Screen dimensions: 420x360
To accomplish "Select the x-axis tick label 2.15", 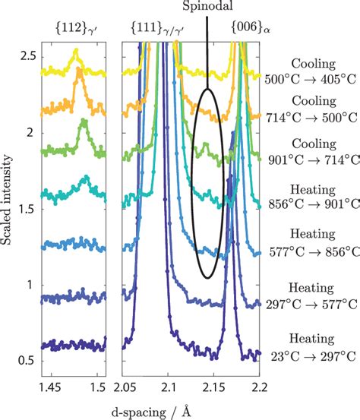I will pyautogui.click(x=213, y=387).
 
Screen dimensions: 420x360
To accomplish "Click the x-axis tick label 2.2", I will pyautogui.click(x=259, y=387).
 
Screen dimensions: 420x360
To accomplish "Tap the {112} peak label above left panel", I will pyautogui.click(x=74, y=29).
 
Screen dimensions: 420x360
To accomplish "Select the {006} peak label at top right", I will pyautogui.click(x=248, y=29).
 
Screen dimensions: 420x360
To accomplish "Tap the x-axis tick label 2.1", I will pyautogui.click(x=169, y=387).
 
